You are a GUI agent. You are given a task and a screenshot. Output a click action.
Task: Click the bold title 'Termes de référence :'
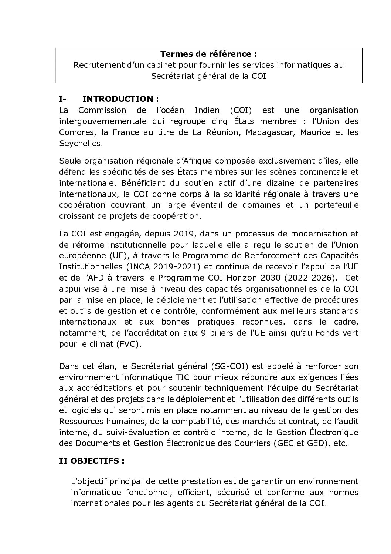tap(209, 54)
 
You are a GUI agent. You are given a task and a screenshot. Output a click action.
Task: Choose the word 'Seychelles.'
tap(80, 143)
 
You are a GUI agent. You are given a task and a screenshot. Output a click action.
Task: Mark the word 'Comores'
tap(75, 132)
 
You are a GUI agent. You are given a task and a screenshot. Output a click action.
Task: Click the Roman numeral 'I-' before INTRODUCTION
tap(62, 99)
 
